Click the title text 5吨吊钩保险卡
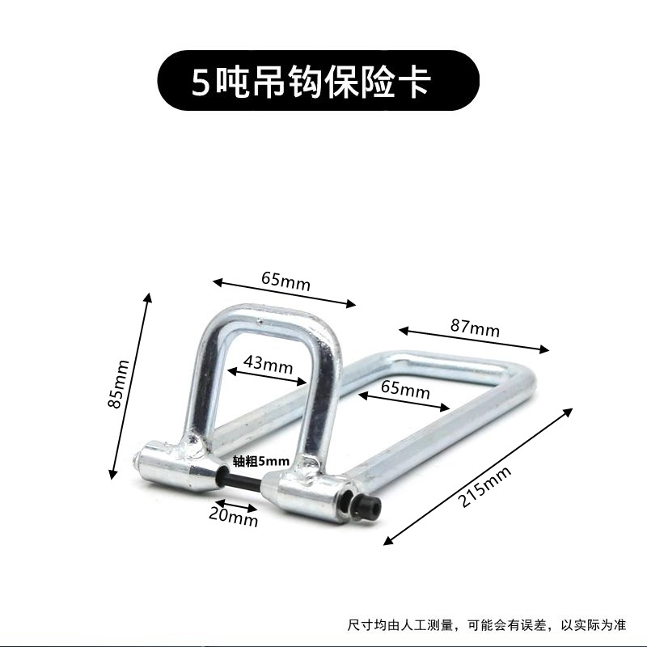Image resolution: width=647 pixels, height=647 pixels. (x=310, y=82)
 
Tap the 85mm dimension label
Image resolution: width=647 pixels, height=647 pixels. (x=119, y=383)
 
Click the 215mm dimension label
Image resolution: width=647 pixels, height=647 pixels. (x=477, y=483)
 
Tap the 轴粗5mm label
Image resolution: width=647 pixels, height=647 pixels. (x=260, y=461)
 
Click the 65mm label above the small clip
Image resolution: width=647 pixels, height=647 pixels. (x=285, y=281)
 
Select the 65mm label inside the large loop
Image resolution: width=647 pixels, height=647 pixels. (x=404, y=391)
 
